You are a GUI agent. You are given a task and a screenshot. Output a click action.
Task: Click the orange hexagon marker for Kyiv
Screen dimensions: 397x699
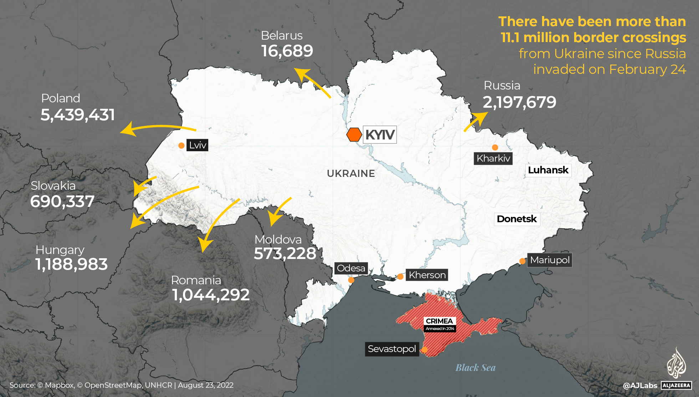(x=354, y=135)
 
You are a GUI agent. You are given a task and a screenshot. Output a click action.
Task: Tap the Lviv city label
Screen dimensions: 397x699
(x=197, y=145)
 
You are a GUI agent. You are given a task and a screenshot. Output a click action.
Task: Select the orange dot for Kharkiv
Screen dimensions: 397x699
(x=495, y=147)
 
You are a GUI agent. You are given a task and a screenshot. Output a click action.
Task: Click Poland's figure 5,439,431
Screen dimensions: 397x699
(x=78, y=115)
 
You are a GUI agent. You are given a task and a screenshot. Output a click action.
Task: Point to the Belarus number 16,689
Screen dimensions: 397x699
(x=287, y=51)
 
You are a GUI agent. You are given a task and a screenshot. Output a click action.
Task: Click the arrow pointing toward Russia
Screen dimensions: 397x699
(x=476, y=122)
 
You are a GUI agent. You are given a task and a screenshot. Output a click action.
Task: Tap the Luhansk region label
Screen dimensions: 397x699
(x=548, y=170)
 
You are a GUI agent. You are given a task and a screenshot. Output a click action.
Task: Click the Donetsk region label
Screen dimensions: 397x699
(x=516, y=219)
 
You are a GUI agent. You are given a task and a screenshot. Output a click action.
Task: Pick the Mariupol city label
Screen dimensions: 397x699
(x=550, y=260)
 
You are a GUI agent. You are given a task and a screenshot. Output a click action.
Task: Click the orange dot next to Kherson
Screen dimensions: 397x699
(x=400, y=276)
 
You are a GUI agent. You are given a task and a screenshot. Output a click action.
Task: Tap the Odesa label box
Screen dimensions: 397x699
(x=351, y=268)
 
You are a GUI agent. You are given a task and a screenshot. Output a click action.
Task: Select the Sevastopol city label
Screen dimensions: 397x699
(x=392, y=349)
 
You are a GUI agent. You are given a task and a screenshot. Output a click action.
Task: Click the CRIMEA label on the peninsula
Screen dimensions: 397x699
(x=439, y=321)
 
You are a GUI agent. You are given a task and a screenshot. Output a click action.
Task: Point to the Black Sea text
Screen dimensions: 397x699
(x=475, y=368)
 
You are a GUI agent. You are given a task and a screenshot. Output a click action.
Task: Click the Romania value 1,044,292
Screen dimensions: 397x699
(x=211, y=295)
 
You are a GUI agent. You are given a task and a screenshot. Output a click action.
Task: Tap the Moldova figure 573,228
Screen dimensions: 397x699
(x=285, y=254)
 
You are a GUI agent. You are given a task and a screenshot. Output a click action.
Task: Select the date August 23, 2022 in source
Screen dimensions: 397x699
(x=205, y=385)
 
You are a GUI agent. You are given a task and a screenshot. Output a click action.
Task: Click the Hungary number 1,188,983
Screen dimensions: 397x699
(x=71, y=265)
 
